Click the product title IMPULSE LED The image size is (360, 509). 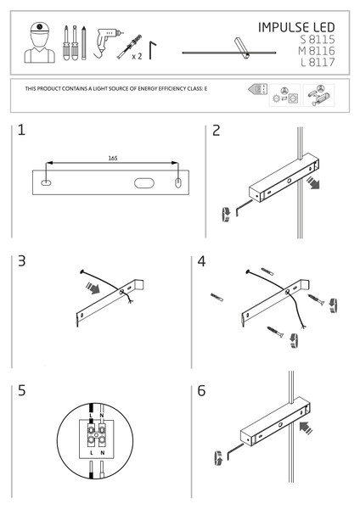click(x=296, y=27)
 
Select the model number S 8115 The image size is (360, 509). click(x=318, y=39)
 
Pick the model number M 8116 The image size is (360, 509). click(x=317, y=51)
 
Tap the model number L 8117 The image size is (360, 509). click(x=318, y=62)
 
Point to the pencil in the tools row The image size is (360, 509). click(x=84, y=43)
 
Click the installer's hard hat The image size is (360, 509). click(x=39, y=28)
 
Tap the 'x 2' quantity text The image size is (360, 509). click(x=137, y=57)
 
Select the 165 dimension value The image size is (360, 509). click(x=113, y=159)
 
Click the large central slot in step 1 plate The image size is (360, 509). click(x=144, y=182)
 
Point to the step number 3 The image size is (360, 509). click(x=21, y=261)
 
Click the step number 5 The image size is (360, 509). click(x=21, y=390)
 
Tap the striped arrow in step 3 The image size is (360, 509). click(x=93, y=288)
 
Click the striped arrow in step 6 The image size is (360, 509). click(x=306, y=428)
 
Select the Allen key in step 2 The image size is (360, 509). click(x=244, y=207)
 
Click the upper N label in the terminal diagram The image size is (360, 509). click(x=102, y=416)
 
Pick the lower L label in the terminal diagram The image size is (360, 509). click(x=92, y=452)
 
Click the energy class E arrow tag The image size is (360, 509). click(x=258, y=89)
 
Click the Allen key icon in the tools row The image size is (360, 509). click(x=151, y=49)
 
